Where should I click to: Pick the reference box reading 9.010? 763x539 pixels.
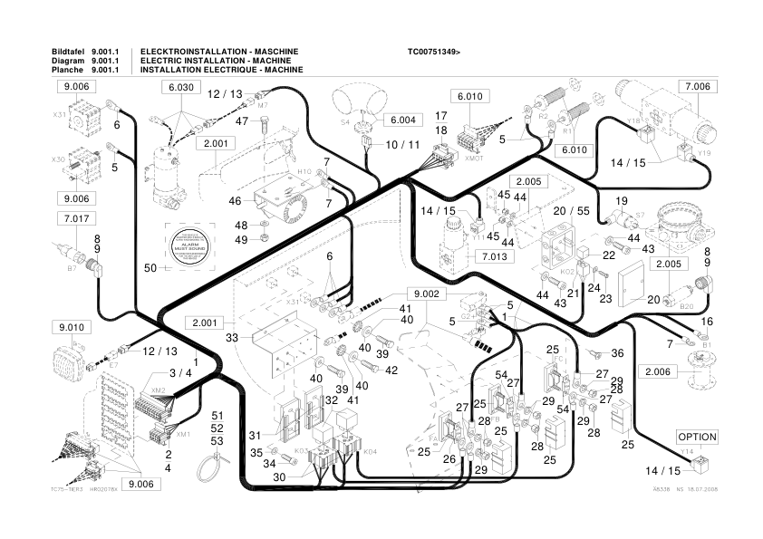pos(76,326)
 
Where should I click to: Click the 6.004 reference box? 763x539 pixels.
pos(402,120)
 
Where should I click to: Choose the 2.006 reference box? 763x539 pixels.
pos(659,372)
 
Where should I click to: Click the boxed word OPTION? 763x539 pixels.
pos(697,437)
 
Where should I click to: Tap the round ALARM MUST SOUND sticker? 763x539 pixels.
pos(190,245)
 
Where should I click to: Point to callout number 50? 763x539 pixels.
pos(150,267)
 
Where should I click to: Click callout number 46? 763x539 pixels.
pos(235,200)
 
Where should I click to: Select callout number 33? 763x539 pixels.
pos(232,338)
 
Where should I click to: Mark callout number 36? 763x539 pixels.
pos(617,353)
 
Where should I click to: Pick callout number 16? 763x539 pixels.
pos(708,322)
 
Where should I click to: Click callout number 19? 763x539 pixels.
pos(622,200)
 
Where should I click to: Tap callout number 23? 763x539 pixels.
pos(605,297)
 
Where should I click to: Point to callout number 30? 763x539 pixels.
pos(279,476)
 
